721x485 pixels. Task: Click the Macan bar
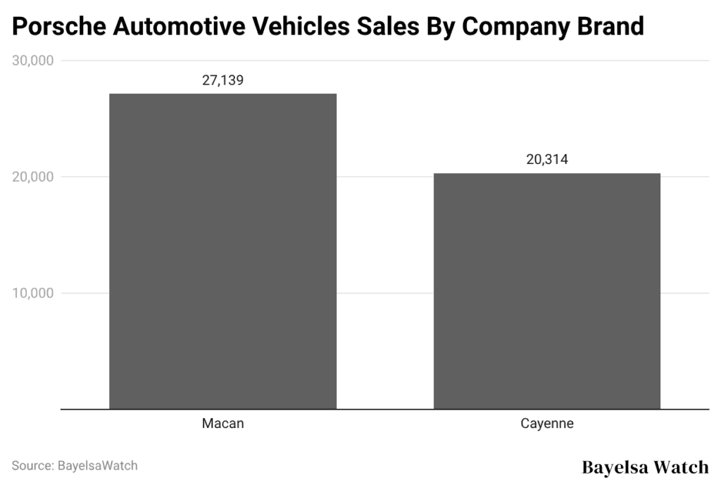(x=222, y=251)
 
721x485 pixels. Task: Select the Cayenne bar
(x=547, y=290)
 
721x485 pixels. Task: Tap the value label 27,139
(x=222, y=80)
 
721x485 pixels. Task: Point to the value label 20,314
(x=547, y=160)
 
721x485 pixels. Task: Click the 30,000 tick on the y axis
(x=33, y=61)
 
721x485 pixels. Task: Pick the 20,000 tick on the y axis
(x=33, y=177)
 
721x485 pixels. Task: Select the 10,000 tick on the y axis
(x=33, y=293)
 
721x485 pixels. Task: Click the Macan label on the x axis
(x=222, y=424)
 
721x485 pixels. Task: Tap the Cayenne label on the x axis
(x=547, y=424)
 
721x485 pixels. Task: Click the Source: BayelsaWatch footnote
(x=74, y=466)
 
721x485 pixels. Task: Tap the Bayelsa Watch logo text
(x=645, y=467)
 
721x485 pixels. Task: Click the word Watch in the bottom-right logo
(x=683, y=467)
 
